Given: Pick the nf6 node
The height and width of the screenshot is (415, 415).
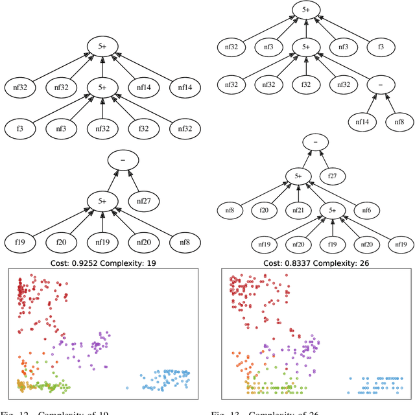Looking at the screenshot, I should pos(367,210).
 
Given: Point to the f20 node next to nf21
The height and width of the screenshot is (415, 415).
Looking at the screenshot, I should pos(265,210).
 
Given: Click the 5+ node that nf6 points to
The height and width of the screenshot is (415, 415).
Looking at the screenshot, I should pos(298,175).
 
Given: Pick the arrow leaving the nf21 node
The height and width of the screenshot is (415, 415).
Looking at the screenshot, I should pos(298,193).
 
